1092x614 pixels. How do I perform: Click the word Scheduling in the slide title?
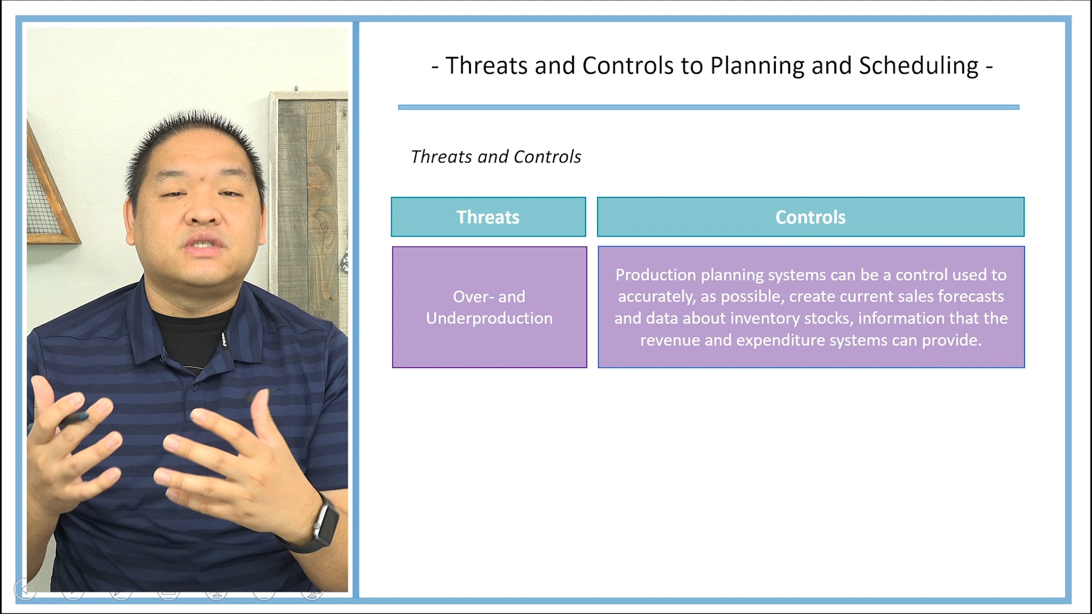click(x=918, y=66)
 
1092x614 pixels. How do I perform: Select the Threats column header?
click(x=488, y=217)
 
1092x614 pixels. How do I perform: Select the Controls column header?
click(x=810, y=217)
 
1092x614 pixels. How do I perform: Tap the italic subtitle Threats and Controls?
click(x=495, y=157)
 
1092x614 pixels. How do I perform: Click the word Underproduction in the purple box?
click(x=489, y=318)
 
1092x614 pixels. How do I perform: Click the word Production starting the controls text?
click(x=655, y=275)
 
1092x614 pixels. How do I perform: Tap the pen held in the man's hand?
click(x=74, y=420)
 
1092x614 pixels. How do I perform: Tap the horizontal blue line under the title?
click(x=708, y=107)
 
